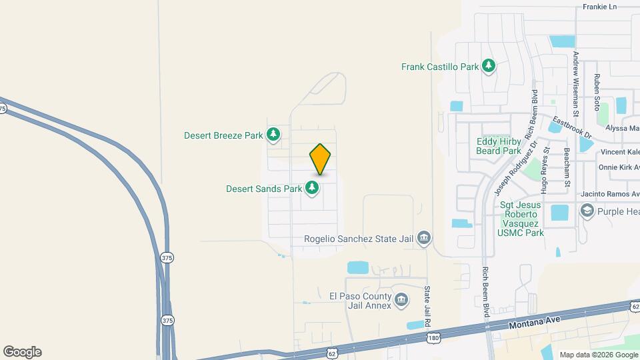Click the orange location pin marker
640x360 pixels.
[x=320, y=159]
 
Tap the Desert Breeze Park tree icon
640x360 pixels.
[x=273, y=135]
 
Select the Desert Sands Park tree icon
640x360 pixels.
[x=311, y=189]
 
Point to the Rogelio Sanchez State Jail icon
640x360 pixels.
[x=423, y=238]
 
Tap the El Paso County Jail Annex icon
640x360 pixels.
[x=401, y=300]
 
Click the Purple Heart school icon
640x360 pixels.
[x=587, y=212]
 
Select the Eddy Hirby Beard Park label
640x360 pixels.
[x=499, y=146]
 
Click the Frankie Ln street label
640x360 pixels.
[x=600, y=7]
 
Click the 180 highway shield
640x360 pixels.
[x=433, y=339]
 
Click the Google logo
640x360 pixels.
[x=22, y=351]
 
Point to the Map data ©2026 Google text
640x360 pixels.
[x=598, y=355]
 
